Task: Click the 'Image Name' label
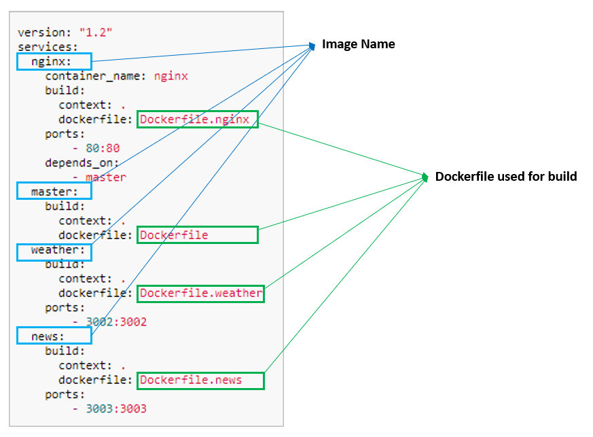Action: point(358,44)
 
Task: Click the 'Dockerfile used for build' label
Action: point(505,177)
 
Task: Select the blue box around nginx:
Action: point(54,62)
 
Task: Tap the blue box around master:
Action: point(54,192)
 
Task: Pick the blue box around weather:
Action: point(54,251)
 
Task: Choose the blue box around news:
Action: point(54,336)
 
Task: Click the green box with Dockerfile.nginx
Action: point(198,120)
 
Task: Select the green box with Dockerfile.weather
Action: point(200,294)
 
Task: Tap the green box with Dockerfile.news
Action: point(200,380)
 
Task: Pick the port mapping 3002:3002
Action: point(115,321)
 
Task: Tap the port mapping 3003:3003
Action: point(115,408)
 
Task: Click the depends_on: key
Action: point(82,162)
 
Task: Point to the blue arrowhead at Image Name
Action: point(312,46)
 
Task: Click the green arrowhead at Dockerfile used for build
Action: point(425,177)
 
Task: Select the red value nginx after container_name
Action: point(170,76)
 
